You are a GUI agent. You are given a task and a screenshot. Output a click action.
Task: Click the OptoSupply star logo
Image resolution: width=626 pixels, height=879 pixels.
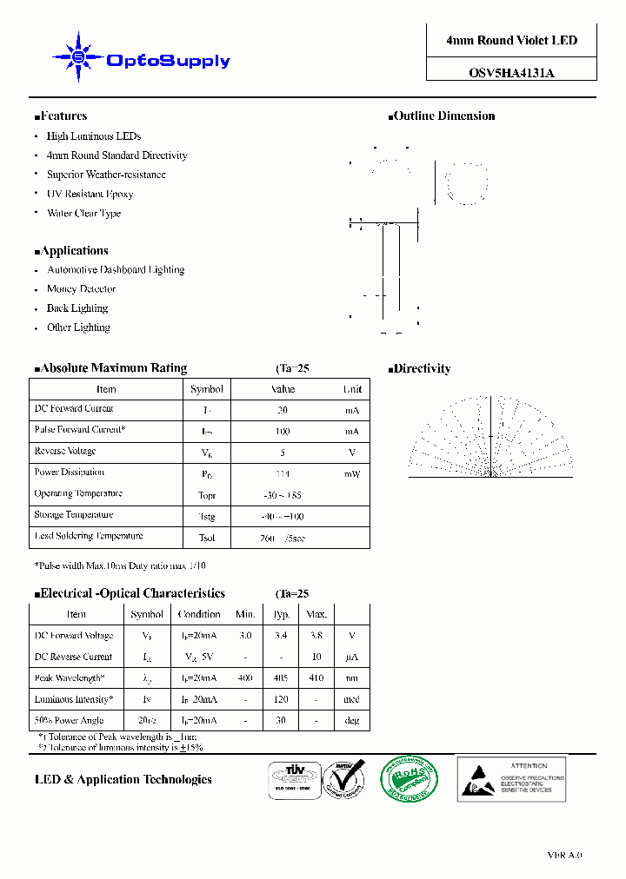coord(78,57)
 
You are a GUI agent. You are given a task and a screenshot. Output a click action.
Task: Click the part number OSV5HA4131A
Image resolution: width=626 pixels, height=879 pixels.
coord(511,74)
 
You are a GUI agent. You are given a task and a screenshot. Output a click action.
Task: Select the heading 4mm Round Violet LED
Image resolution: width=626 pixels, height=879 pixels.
coord(511,41)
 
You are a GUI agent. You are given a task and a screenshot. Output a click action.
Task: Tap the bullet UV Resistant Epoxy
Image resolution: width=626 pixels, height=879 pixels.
coord(90,194)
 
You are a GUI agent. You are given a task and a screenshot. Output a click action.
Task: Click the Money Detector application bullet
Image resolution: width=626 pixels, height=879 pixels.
coord(81,289)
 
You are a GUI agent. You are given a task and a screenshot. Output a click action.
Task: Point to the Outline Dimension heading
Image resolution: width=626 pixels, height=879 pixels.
coord(443,116)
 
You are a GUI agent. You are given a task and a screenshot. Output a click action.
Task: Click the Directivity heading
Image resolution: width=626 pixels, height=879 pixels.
coord(422,369)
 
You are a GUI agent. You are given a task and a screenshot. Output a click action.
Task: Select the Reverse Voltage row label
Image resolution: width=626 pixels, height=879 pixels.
coord(65,452)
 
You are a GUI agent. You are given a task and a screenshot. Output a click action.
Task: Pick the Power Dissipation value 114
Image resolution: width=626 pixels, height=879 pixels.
coord(283,474)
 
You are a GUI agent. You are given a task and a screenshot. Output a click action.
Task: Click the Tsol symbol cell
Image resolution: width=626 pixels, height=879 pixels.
coord(207,539)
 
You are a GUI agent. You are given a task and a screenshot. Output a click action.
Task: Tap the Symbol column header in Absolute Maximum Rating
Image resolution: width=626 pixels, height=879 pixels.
coord(207,389)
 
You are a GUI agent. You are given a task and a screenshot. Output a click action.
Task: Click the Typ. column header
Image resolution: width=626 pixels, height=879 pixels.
coord(282,614)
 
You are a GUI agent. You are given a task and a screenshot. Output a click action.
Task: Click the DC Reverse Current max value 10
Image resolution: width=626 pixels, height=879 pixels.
coord(317,658)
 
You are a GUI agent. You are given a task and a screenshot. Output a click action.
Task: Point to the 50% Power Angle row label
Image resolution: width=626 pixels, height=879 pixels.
coord(69,720)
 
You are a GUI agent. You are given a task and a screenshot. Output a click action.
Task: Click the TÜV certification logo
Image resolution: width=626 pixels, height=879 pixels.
coord(293,779)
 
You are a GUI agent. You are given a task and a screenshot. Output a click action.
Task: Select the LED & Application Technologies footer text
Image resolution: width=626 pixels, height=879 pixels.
coord(123,780)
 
